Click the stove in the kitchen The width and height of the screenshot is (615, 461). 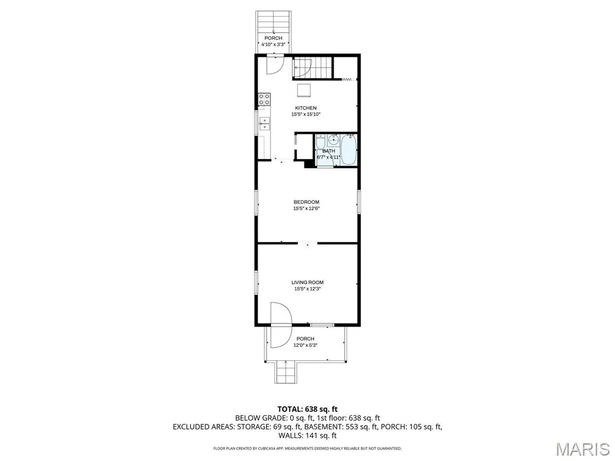pyautogui.click(x=264, y=99)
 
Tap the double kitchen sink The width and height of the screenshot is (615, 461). pyautogui.click(x=264, y=124)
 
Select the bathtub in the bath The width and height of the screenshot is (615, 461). pyautogui.click(x=348, y=149)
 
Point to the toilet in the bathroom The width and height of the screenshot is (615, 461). pyautogui.click(x=320, y=141)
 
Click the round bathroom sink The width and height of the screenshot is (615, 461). pyautogui.click(x=334, y=139)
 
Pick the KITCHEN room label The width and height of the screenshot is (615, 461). pyautogui.click(x=306, y=108)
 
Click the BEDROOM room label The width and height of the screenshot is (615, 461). pyautogui.click(x=306, y=202)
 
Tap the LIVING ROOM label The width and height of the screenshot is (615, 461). pyautogui.click(x=307, y=282)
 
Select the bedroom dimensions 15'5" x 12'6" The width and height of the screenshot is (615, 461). pyautogui.click(x=306, y=208)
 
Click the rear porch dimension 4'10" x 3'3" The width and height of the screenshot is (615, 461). pyautogui.click(x=273, y=44)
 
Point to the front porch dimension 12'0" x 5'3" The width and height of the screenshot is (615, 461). pyautogui.click(x=305, y=345)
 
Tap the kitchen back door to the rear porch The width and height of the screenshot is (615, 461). pyautogui.click(x=274, y=65)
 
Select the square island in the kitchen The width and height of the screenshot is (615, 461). pyautogui.click(x=303, y=90)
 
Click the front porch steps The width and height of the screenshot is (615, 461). pyautogui.click(x=285, y=372)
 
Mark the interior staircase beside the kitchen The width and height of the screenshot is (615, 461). pyautogui.click(x=313, y=68)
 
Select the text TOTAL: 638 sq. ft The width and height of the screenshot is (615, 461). pyautogui.click(x=307, y=409)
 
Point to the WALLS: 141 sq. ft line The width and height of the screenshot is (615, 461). pyautogui.click(x=307, y=436)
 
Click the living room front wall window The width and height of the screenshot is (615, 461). pyautogui.click(x=322, y=325)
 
